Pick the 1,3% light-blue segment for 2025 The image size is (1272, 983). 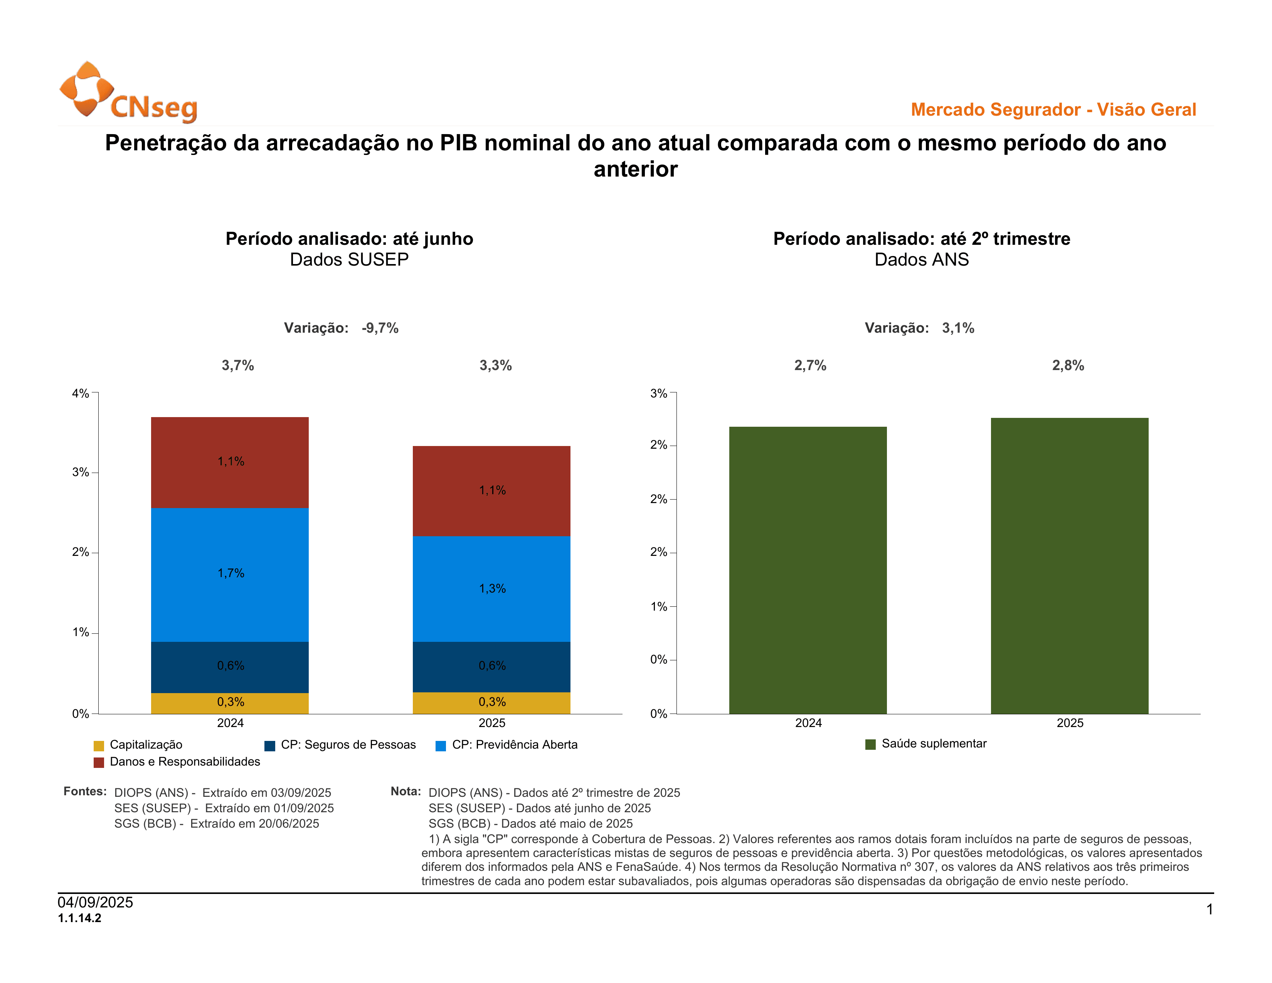click(491, 589)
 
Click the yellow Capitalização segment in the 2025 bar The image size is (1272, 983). click(491, 702)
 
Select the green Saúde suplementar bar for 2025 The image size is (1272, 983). click(1069, 565)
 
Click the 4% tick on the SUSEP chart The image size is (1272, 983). click(81, 394)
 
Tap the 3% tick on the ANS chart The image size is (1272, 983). click(659, 394)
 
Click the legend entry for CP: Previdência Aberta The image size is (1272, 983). click(507, 745)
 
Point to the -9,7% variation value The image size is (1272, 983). click(380, 328)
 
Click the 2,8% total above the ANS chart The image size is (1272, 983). click(1068, 366)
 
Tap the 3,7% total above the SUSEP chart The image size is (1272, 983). click(237, 366)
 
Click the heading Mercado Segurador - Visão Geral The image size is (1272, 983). click(1053, 109)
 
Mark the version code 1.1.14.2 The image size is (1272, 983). click(80, 918)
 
